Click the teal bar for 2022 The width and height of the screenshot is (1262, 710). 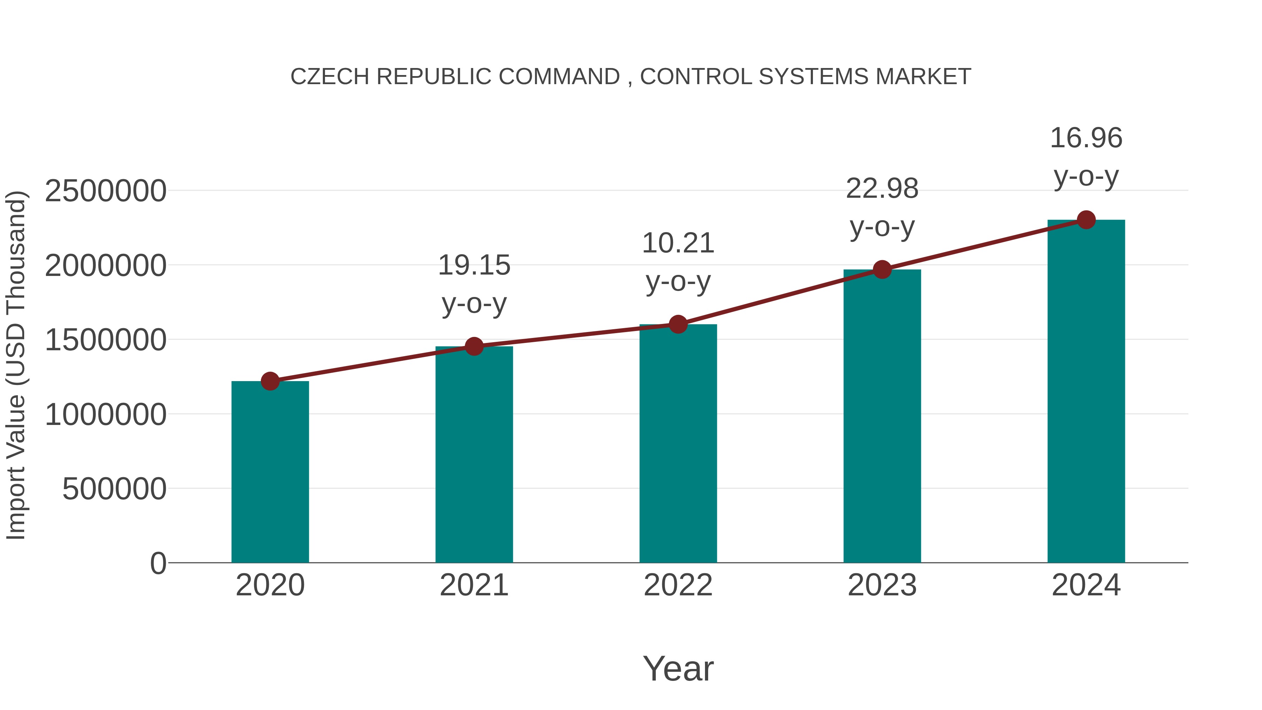coord(678,444)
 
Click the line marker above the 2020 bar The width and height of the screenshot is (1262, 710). coord(270,381)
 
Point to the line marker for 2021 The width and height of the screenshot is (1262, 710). coord(474,346)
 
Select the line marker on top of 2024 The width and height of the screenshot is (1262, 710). coord(1086,220)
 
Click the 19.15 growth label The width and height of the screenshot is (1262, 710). coord(474,265)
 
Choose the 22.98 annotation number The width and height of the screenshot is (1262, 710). coord(882,189)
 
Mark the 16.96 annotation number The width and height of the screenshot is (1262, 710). coord(1086,138)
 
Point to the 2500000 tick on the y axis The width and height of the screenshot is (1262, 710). coord(105,191)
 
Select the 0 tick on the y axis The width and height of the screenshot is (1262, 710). coord(158,563)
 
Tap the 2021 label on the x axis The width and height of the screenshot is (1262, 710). coord(474,586)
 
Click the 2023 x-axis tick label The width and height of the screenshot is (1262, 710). coord(882,586)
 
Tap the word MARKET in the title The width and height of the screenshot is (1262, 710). coord(923,77)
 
